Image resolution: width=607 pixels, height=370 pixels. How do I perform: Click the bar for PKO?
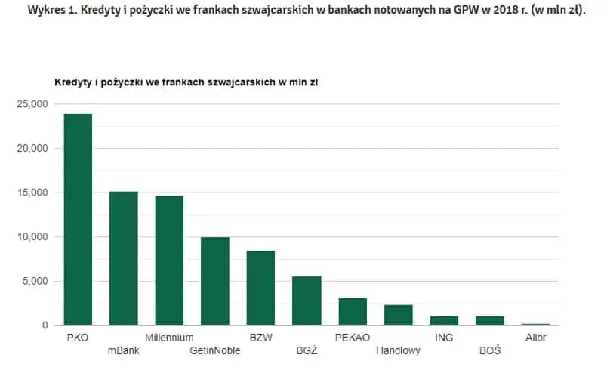[78, 220]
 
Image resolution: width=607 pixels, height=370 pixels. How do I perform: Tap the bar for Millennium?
[169, 261]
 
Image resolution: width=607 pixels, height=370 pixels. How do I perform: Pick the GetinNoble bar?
[215, 281]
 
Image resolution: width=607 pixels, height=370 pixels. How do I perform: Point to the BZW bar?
[260, 288]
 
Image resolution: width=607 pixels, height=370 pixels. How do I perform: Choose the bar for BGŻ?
[307, 301]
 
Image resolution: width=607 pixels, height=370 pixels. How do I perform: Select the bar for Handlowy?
[398, 315]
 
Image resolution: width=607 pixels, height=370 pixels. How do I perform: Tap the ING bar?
[444, 321]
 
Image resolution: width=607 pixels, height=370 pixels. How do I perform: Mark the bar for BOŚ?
[490, 321]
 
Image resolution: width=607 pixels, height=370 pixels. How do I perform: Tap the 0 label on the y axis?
[45, 325]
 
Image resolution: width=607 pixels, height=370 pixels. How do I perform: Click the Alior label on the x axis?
[535, 338]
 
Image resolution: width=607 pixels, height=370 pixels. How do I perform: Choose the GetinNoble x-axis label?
[215, 351]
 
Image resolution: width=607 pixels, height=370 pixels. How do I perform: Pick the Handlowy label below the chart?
[399, 351]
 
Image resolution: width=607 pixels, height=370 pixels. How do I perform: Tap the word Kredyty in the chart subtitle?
[72, 82]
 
